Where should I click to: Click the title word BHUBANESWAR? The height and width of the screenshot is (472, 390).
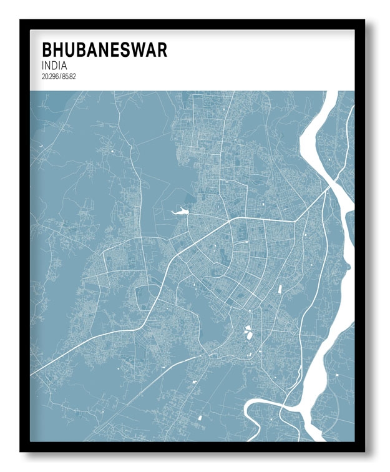click(x=104, y=51)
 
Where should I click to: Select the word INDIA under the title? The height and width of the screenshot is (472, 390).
click(x=55, y=66)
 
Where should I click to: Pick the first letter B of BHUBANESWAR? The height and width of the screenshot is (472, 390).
click(x=46, y=51)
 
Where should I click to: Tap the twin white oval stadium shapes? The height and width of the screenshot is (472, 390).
click(x=249, y=332)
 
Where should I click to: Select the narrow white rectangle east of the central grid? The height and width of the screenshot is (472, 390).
click(x=280, y=290)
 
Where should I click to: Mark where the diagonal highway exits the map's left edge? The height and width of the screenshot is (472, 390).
click(x=32, y=373)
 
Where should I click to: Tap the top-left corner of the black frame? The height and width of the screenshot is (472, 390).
click(x=21, y=21)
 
